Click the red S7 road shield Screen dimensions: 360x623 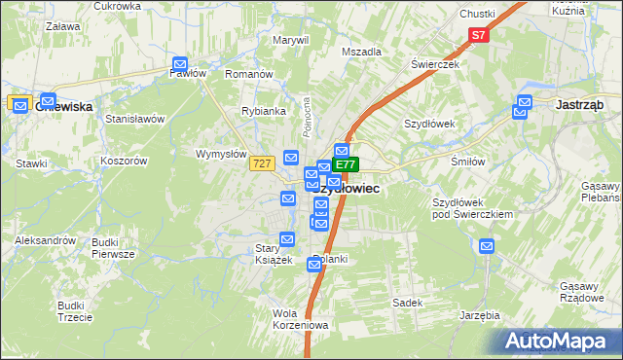click(x=478, y=36)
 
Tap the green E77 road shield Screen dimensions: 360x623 click(x=348, y=165)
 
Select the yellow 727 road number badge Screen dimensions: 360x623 click(x=260, y=164)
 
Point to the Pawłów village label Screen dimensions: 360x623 click(x=187, y=73)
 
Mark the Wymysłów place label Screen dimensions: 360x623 click(x=221, y=154)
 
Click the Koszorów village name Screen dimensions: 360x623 click(x=123, y=161)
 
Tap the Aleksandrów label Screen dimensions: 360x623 click(x=46, y=239)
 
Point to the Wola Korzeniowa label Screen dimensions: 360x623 click(x=301, y=318)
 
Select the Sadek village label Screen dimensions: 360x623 click(x=407, y=303)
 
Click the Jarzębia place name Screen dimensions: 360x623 click(x=480, y=315)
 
